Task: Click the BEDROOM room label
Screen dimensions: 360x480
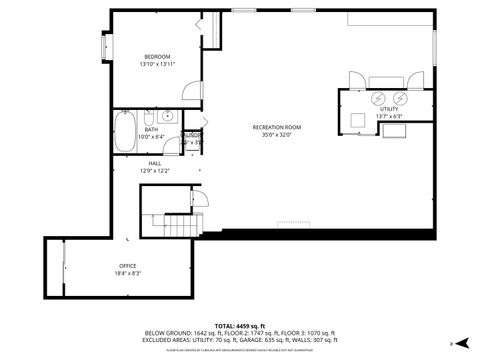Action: click(x=157, y=56)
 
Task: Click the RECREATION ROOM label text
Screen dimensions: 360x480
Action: click(x=277, y=127)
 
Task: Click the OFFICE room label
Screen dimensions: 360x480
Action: click(x=128, y=265)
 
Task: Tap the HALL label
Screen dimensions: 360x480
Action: click(x=155, y=163)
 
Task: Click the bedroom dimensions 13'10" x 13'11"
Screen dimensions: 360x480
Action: click(x=157, y=64)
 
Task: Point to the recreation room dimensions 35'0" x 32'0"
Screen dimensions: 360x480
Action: click(x=277, y=135)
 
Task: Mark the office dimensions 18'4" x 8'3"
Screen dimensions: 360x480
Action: click(x=128, y=273)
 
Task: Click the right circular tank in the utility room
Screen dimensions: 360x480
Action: click(x=400, y=97)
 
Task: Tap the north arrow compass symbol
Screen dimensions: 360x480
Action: click(x=451, y=343)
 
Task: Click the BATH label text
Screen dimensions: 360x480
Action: click(x=151, y=129)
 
